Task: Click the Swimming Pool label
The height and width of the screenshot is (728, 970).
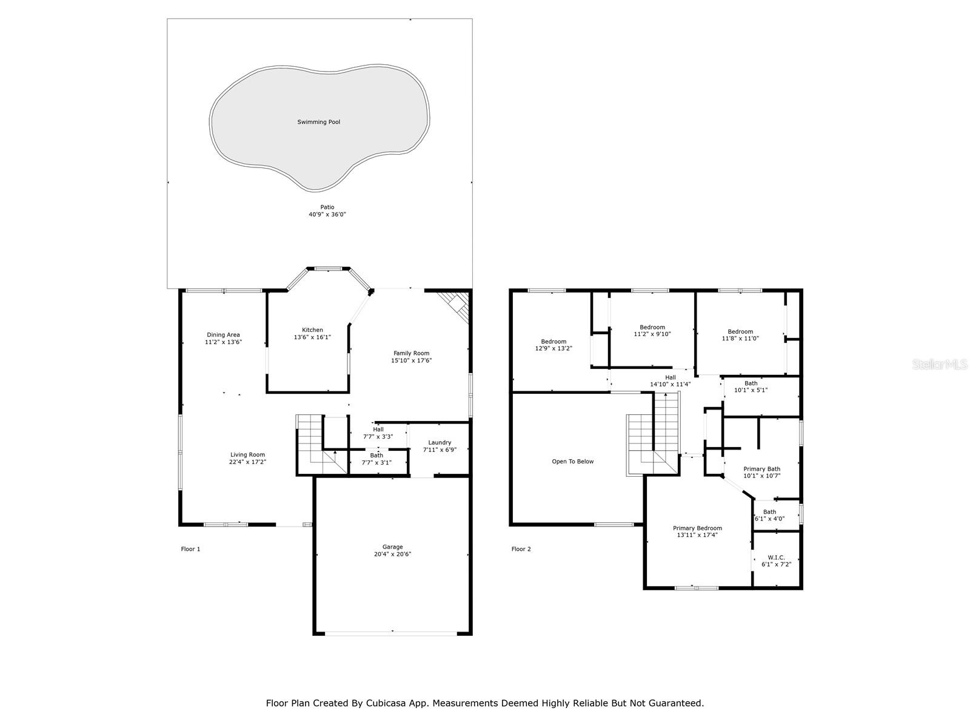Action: [319, 122]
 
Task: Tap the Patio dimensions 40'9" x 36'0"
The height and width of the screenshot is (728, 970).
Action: [327, 214]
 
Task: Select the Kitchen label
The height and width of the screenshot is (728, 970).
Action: [312, 330]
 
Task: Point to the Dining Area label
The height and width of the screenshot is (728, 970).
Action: [223, 335]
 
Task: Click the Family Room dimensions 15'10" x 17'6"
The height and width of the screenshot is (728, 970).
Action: [411, 360]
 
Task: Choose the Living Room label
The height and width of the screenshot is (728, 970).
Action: [247, 454]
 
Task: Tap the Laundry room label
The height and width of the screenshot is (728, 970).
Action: [440, 442]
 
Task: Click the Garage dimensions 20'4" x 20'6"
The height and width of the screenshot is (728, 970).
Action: [392, 554]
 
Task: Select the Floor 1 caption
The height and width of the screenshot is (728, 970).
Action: [190, 549]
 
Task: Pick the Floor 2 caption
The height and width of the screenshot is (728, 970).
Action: [521, 549]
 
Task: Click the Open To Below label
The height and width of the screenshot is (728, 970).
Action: [573, 462]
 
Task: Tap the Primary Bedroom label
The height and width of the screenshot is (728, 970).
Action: [697, 528]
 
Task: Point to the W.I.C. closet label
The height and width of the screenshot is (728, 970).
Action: [776, 558]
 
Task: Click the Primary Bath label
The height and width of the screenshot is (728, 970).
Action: [762, 469]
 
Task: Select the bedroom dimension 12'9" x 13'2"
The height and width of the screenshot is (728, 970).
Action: [554, 348]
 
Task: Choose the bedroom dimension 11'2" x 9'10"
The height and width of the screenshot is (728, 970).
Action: [652, 334]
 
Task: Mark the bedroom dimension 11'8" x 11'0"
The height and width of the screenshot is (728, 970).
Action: [740, 338]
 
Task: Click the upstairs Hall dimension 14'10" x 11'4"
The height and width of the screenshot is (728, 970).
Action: [671, 384]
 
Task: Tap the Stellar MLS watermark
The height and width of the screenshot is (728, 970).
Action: [940, 364]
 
